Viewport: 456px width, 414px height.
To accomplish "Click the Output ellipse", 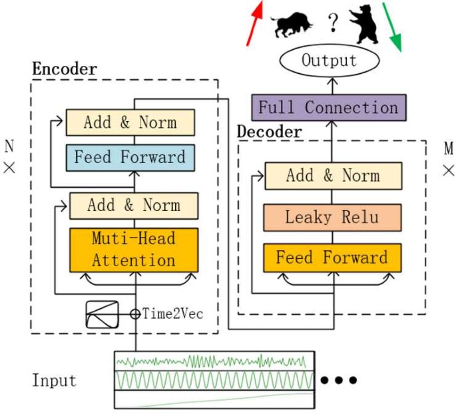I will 330,61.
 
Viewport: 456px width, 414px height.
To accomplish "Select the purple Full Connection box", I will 328,107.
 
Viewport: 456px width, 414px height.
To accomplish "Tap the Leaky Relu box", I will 332,217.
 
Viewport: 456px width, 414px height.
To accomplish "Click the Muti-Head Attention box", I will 134,250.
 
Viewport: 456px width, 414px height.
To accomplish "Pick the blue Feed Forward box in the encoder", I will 130,158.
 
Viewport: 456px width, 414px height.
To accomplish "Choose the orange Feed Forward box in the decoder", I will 332,258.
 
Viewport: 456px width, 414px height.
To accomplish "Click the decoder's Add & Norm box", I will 333,176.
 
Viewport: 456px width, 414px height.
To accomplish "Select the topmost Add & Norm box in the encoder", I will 130,122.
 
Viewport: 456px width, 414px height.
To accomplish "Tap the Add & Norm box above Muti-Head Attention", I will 134,206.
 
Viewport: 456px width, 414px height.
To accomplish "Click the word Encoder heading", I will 65,69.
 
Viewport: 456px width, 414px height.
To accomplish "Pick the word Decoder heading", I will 270,132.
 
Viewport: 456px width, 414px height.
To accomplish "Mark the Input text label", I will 54,381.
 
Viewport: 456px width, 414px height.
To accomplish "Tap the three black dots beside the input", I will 339,381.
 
